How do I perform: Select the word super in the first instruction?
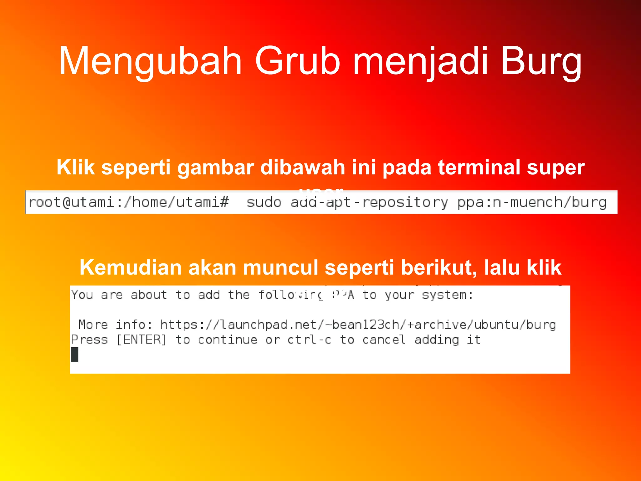coord(556,168)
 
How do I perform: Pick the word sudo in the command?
coord(264,203)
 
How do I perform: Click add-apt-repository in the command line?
coord(369,203)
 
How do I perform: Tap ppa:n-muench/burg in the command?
coord(532,203)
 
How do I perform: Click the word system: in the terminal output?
coord(448,295)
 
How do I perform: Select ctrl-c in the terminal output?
coord(309,340)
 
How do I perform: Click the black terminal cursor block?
coord(74,354)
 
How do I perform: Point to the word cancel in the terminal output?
coord(384,340)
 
